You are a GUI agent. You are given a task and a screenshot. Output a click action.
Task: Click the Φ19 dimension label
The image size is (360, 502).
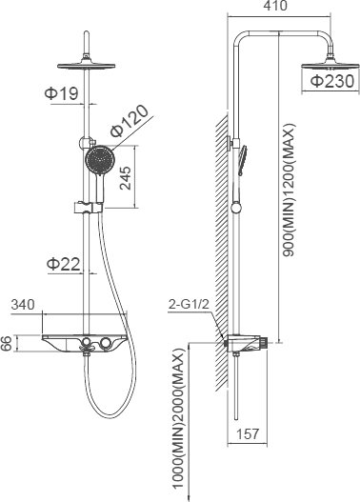pos(62,93)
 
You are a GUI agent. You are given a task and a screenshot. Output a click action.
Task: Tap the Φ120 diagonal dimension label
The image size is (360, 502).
pos(130,121)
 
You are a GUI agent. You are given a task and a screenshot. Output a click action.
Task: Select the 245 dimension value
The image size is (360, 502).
pos(126,178)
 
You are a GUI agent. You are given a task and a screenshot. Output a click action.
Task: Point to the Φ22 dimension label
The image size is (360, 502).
pos(63,264)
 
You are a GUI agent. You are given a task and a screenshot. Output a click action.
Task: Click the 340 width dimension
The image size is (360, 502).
pos(23,305)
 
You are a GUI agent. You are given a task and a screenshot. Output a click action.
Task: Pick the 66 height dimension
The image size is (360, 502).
pos(6,344)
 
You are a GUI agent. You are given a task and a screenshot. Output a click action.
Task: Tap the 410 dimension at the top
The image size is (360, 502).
pos(275,6)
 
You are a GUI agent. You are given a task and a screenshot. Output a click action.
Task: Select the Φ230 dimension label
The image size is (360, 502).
pos(332,81)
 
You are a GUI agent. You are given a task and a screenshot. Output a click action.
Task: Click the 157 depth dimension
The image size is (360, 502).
pos(248,434)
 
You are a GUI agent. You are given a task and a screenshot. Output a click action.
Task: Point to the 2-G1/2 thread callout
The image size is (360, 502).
pos(189,304)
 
